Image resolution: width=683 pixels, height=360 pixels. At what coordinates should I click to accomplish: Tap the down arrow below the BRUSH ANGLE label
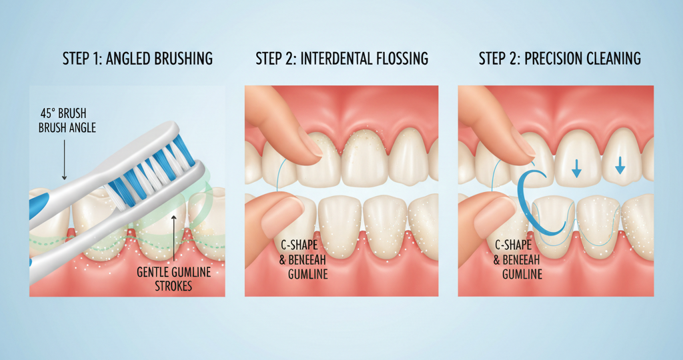pyautogui.click(x=64, y=163)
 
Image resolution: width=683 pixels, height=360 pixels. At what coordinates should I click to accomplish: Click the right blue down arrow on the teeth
pyautogui.click(x=620, y=164)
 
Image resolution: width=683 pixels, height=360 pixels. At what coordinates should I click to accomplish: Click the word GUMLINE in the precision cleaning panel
pyautogui.click(x=518, y=274)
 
